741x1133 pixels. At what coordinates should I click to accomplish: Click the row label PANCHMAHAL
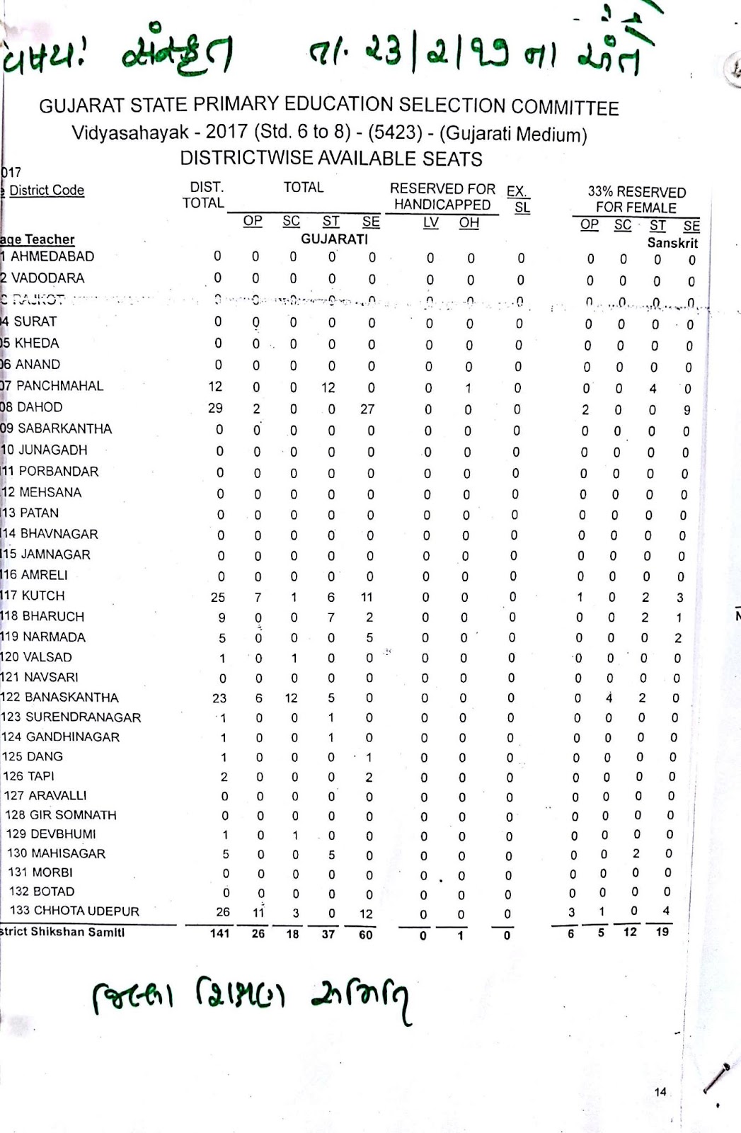click(x=59, y=386)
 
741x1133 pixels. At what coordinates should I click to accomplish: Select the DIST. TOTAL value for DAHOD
click(x=215, y=408)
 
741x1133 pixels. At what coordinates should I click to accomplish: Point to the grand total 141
click(x=220, y=933)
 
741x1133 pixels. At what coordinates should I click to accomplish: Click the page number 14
click(x=660, y=1092)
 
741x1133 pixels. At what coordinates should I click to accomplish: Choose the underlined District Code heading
click(x=47, y=190)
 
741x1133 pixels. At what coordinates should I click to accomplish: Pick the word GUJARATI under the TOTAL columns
click(x=334, y=239)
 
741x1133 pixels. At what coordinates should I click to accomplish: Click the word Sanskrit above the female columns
click(x=672, y=243)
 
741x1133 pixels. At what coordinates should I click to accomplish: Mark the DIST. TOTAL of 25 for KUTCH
click(x=218, y=597)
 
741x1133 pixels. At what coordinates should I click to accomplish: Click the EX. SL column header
click(x=518, y=199)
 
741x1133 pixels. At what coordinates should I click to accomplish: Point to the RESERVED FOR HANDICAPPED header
click(x=442, y=197)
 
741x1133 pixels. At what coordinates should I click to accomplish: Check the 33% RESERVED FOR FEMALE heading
click(x=636, y=200)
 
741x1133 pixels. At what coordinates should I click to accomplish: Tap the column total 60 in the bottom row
click(x=365, y=934)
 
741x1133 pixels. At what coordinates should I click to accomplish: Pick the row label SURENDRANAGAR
click(x=84, y=717)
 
